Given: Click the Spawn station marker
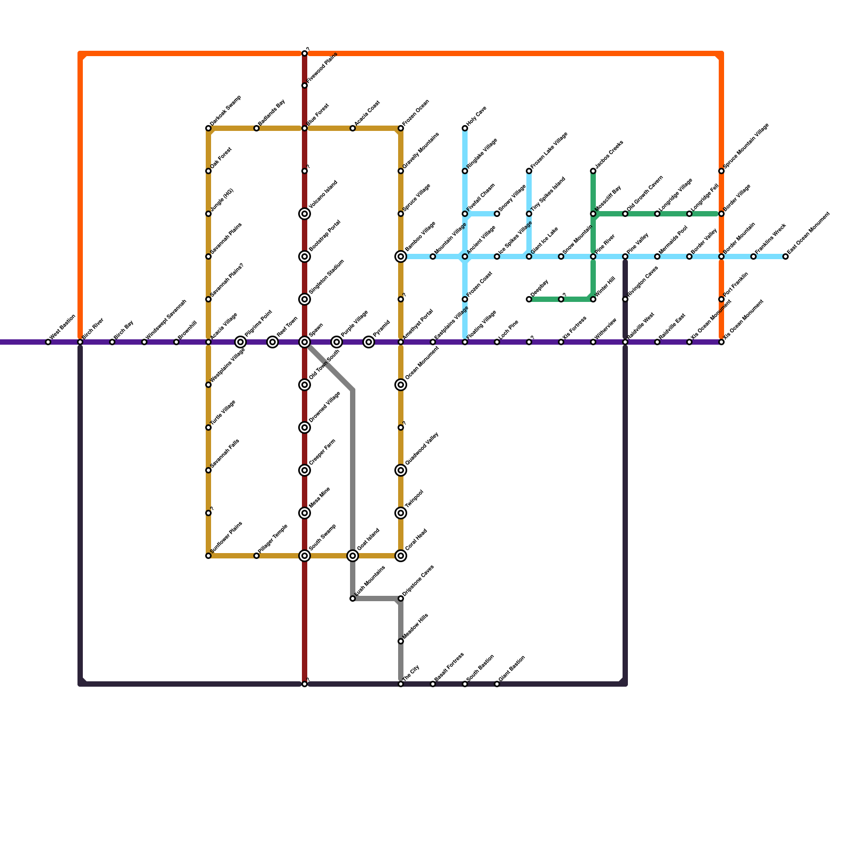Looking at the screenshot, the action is point(305,342).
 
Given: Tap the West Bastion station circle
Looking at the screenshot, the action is point(48,342).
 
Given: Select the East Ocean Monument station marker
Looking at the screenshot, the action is point(786,256).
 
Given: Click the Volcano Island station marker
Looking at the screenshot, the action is point(305,214).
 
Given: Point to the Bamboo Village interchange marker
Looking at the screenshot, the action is point(401,256).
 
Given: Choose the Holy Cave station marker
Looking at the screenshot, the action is point(465,128).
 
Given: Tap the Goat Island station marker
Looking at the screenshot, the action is point(353,556).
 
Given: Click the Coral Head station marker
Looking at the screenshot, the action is point(401,556).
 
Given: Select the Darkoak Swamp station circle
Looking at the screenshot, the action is point(208,128).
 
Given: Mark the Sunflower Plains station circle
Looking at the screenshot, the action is point(208,556).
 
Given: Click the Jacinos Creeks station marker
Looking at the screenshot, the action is point(593,171).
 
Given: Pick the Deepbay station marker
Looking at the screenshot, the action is point(529,299).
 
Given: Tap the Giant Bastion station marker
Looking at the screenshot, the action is point(497,684).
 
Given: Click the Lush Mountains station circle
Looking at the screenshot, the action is point(353,598).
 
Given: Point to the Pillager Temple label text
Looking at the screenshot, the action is point(274,539).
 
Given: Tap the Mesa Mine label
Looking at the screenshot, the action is point(320,498).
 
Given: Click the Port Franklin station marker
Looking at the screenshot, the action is point(721,299).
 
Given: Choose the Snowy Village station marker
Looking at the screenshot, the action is point(497,214).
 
